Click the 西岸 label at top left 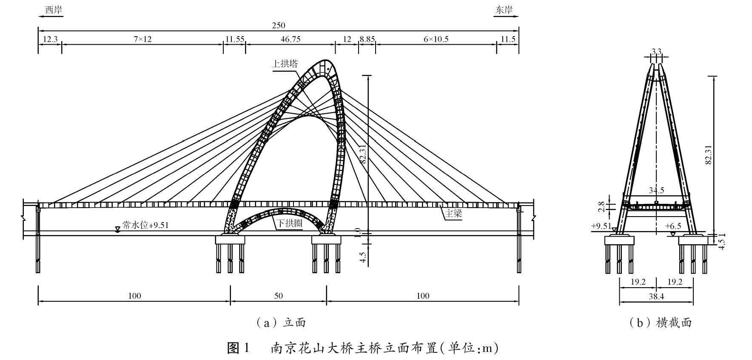pyautogui.click(x=53, y=9)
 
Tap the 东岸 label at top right pyautogui.click(x=504, y=9)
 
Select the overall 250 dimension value pyautogui.click(x=279, y=26)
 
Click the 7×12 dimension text pyautogui.click(x=142, y=39)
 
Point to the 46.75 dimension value pyautogui.click(x=291, y=39)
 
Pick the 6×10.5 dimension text pyautogui.click(x=436, y=39)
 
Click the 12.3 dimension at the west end pyautogui.click(x=50, y=39)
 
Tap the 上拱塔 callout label pyautogui.click(x=285, y=64)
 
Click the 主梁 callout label pyautogui.click(x=453, y=214)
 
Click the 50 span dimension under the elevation pyautogui.click(x=279, y=296)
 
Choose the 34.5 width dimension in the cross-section pyautogui.click(x=656, y=190)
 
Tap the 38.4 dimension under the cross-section pyautogui.click(x=656, y=297)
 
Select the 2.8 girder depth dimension pyautogui.click(x=601, y=206)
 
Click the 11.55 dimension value pyautogui.click(x=235, y=39)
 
